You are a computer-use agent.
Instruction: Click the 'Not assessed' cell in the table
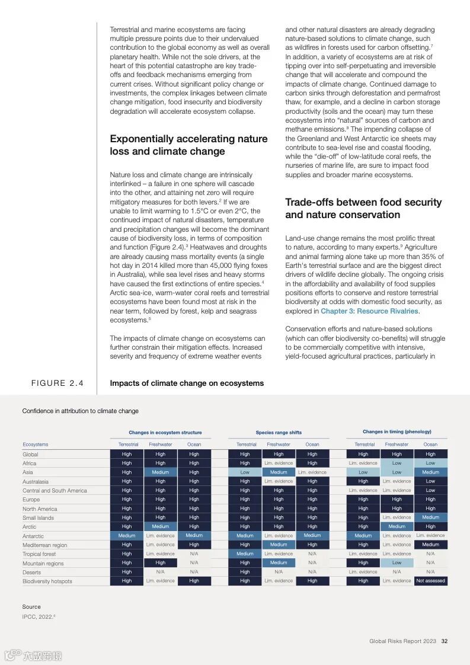click(430, 581)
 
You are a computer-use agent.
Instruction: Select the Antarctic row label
click(33, 536)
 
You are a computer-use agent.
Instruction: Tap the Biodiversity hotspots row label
click(47, 581)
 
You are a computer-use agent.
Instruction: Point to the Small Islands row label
click(38, 517)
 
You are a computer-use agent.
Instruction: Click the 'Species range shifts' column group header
click(279, 433)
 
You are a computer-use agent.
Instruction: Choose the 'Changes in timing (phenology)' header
click(397, 432)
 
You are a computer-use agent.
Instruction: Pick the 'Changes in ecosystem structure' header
click(165, 433)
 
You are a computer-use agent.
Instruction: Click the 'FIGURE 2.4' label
click(57, 383)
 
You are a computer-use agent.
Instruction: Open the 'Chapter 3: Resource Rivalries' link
click(369, 311)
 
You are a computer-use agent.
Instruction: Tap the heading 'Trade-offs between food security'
click(363, 202)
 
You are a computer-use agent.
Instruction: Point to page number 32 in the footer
click(444, 641)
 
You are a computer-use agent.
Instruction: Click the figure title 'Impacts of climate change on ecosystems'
click(187, 383)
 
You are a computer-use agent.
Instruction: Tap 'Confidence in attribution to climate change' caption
click(80, 411)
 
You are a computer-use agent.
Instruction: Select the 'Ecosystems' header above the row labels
click(36, 444)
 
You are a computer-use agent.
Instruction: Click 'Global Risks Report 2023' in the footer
click(402, 641)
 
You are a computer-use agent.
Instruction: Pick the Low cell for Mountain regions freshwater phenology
click(397, 563)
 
